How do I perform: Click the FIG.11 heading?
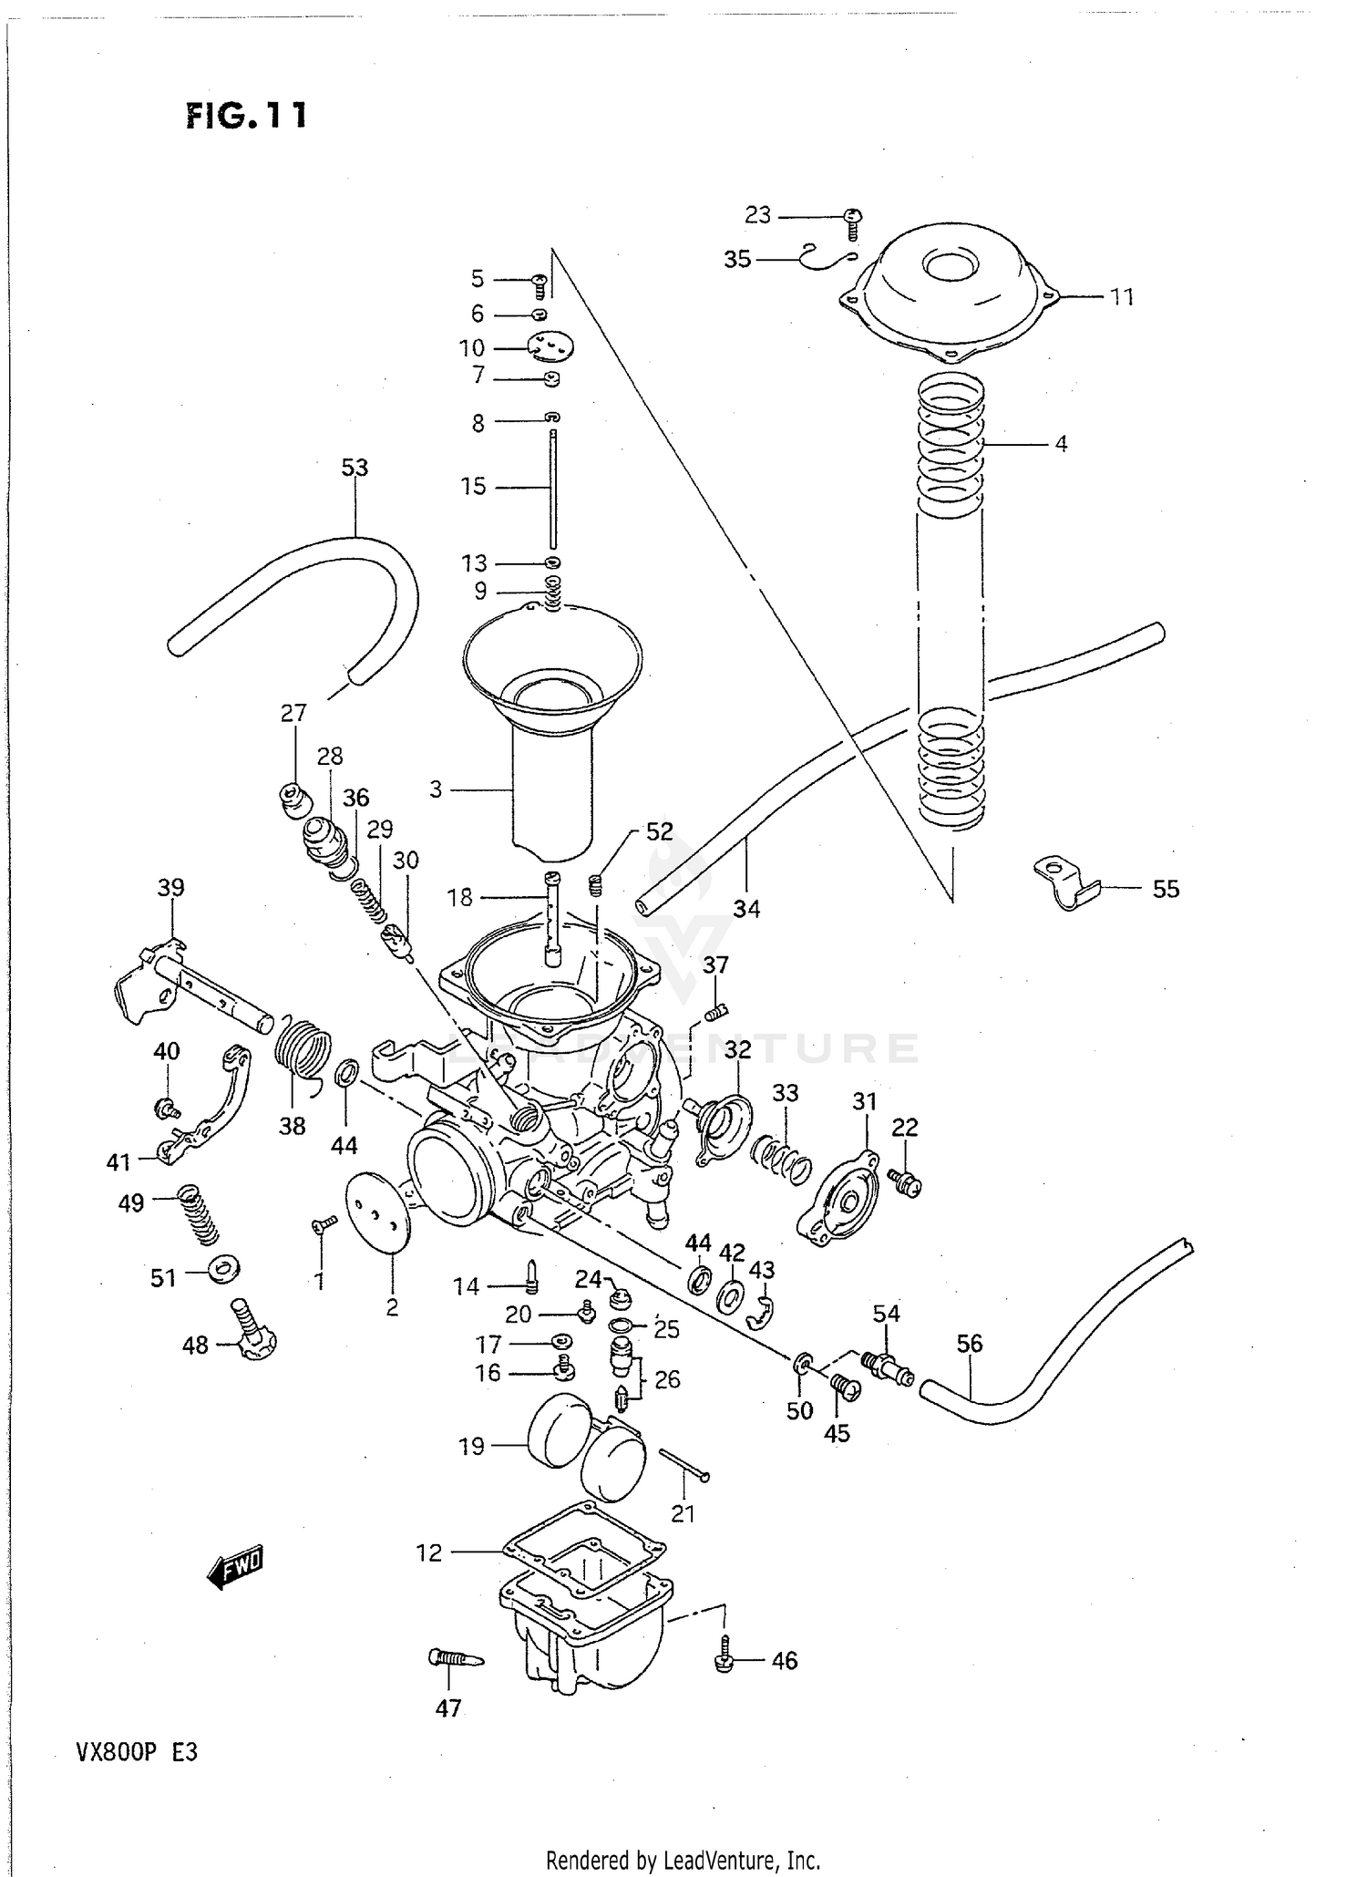(x=246, y=116)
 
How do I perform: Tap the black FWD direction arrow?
(x=234, y=1567)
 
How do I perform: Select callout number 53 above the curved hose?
(x=355, y=468)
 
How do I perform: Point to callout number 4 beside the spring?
(x=1061, y=444)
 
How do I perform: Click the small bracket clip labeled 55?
(x=1064, y=882)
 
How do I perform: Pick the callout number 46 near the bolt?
(x=784, y=1661)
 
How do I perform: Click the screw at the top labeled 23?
(x=853, y=219)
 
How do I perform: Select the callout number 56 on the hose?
(x=970, y=1343)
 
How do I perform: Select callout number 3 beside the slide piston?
(x=436, y=789)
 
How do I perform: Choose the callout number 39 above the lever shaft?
(x=170, y=888)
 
